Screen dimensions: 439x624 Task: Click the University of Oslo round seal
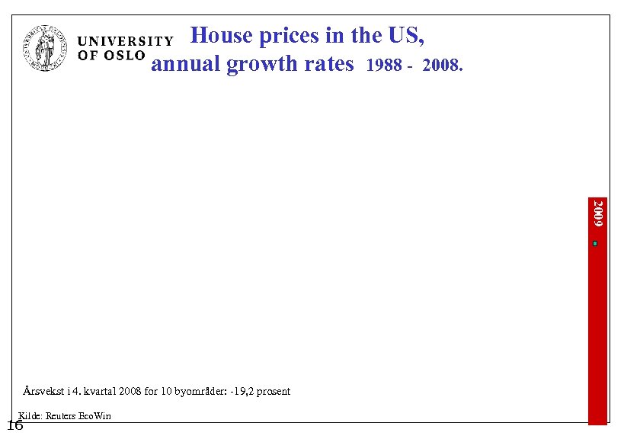coord(46,47)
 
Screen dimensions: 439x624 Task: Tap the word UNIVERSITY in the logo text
coord(126,41)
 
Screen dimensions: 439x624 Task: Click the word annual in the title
coord(184,63)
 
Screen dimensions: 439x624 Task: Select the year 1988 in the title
coord(383,66)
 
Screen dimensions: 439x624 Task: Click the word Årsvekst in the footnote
coord(42,391)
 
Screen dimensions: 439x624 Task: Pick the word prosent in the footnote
coord(274,391)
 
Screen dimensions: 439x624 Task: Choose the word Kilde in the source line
coord(30,415)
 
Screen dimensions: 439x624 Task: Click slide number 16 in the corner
coord(14,425)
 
